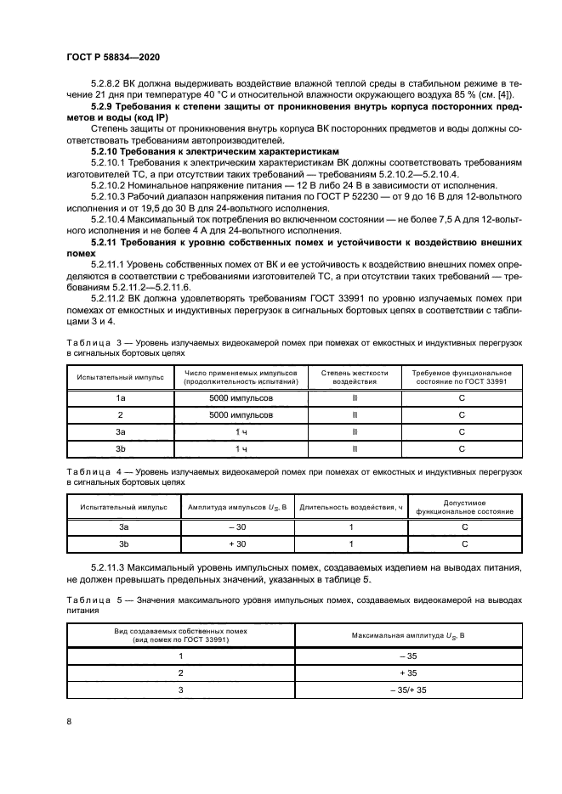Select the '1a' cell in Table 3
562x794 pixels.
click(121, 398)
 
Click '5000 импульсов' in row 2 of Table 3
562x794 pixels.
click(241, 415)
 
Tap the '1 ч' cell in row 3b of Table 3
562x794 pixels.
click(241, 448)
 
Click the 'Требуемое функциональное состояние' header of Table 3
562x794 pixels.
click(461, 377)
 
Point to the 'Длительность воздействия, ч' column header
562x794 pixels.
click(351, 507)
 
